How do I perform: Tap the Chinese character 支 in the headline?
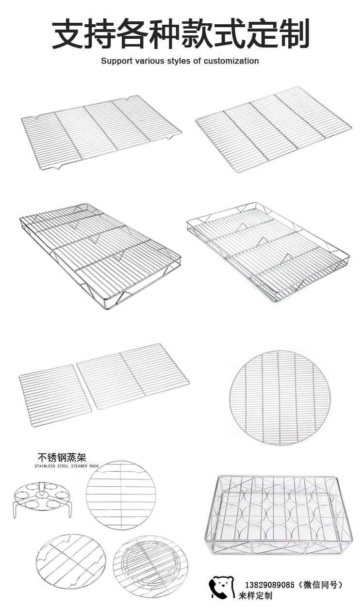(68, 34)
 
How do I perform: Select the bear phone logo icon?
(221, 588)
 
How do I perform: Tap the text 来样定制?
(255, 596)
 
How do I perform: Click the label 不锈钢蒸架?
(62, 458)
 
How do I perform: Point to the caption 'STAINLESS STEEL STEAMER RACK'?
(66, 466)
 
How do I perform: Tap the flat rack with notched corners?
(101, 132)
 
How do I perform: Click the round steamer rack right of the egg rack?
(119, 495)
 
